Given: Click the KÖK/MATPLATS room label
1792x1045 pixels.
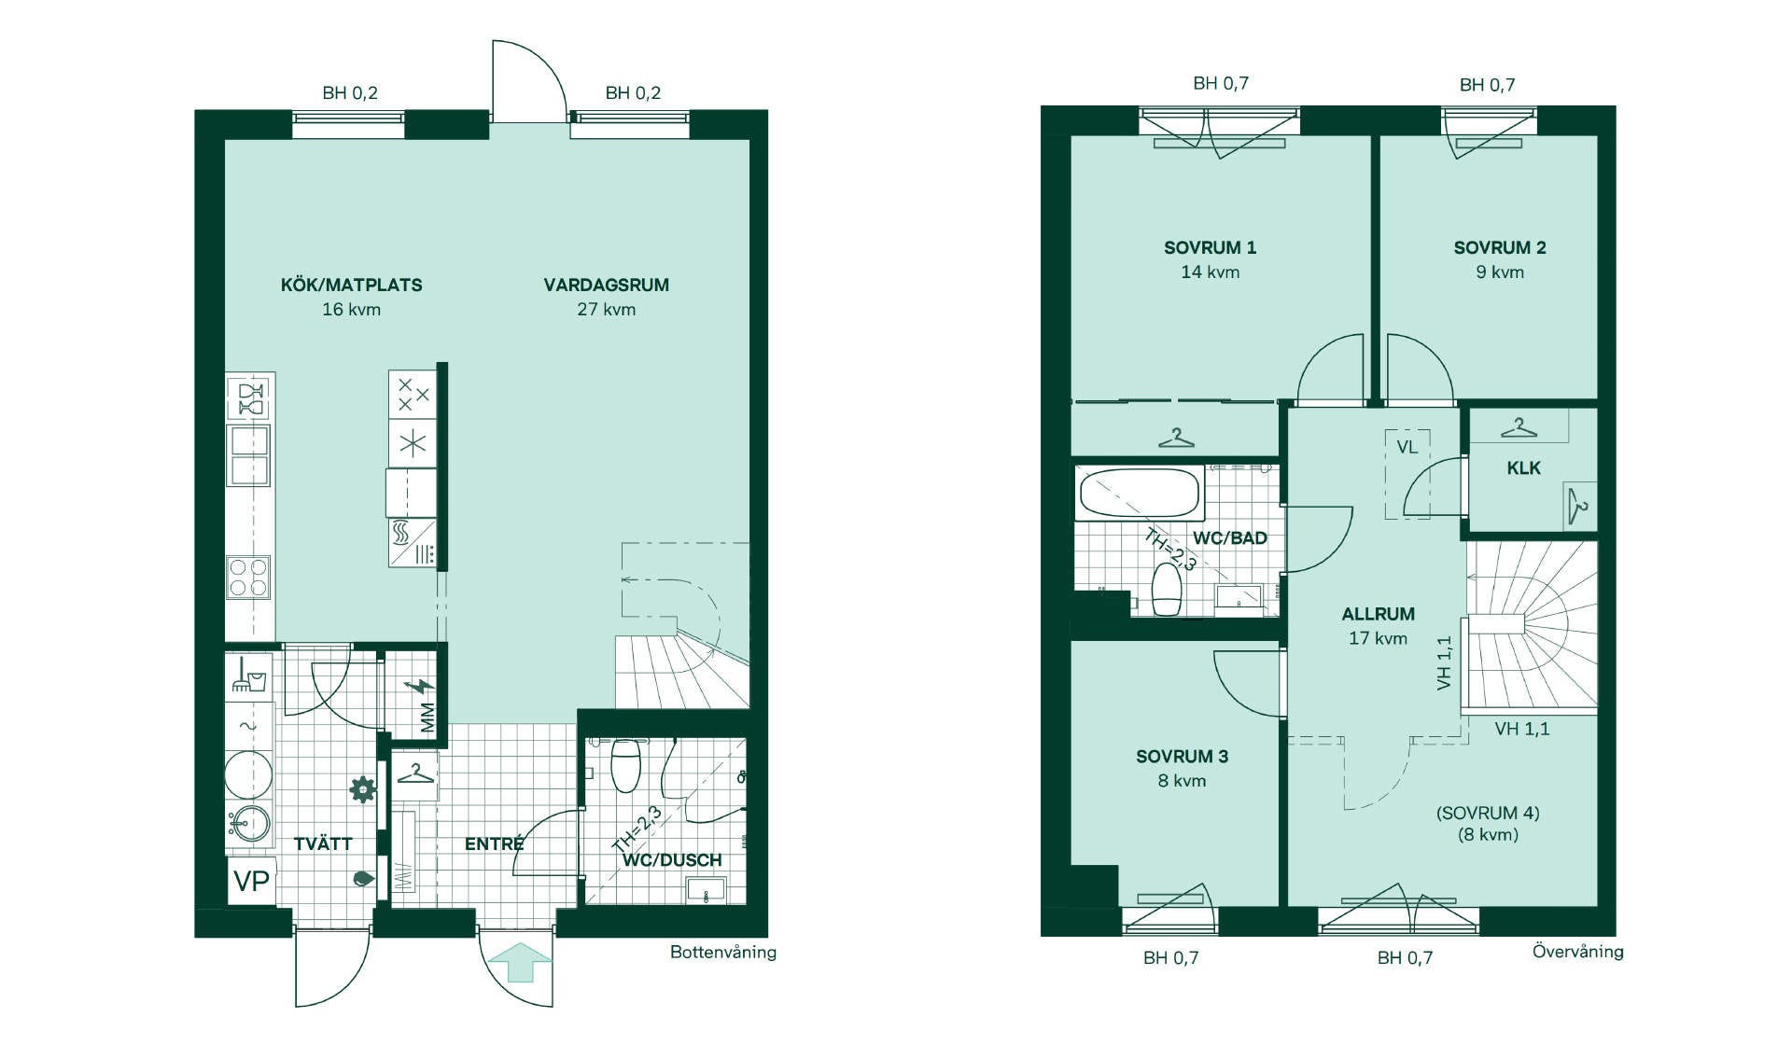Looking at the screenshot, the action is click(x=351, y=285).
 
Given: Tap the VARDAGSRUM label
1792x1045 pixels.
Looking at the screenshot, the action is click(x=607, y=285).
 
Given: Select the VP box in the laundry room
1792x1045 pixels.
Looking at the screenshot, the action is click(x=251, y=881).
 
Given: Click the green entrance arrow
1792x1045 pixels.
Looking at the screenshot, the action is click(x=520, y=962).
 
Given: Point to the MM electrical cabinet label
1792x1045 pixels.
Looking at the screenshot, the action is click(x=427, y=718).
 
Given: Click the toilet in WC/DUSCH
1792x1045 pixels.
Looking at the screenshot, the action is click(x=625, y=764).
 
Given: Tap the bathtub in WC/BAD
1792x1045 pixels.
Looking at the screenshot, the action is click(x=1139, y=493).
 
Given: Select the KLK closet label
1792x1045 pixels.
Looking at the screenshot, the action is click(x=1523, y=468).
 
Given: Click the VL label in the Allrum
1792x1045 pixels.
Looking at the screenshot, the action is click(x=1407, y=447).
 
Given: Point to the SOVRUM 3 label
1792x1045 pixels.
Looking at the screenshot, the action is click(x=1182, y=757).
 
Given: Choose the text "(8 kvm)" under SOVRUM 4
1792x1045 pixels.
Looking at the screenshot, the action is click(x=1488, y=834).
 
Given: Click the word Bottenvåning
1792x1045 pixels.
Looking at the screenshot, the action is click(x=723, y=953).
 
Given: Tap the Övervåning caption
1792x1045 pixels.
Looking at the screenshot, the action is click(x=1578, y=951).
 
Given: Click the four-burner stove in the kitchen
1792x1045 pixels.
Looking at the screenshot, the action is click(x=249, y=577).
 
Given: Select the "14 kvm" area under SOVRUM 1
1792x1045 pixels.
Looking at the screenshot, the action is click(x=1211, y=272).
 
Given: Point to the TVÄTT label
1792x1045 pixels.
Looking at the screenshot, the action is click(x=323, y=843).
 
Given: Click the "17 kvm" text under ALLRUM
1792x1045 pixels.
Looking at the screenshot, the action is click(x=1378, y=638).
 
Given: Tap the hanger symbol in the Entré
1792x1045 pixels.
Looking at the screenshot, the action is click(x=415, y=773).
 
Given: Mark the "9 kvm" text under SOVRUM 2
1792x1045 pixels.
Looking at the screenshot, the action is click(x=1500, y=272).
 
